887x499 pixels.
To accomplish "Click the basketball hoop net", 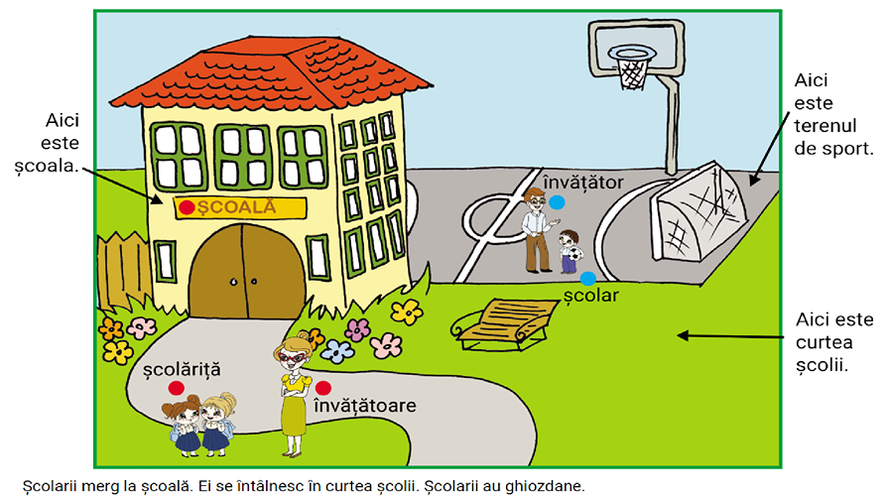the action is click(632, 69).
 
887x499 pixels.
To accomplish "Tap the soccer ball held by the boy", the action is click(573, 253).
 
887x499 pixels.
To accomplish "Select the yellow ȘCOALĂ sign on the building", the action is click(240, 207).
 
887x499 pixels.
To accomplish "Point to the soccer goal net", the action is click(698, 210).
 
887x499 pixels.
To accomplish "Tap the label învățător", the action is click(583, 183).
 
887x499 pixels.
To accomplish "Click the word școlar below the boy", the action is click(591, 296).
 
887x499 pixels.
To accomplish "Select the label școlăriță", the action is click(182, 370).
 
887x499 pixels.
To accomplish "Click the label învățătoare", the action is click(365, 405).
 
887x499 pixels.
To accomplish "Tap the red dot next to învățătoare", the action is click(323, 388).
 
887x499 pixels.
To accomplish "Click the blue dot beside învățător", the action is click(557, 202).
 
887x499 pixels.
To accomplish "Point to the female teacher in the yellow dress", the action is click(293, 396).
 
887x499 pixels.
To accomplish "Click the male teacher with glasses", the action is click(538, 230).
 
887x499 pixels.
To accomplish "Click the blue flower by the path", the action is click(337, 351).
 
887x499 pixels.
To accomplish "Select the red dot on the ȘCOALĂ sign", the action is click(187, 207).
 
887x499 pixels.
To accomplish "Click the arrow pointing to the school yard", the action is click(731, 336).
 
